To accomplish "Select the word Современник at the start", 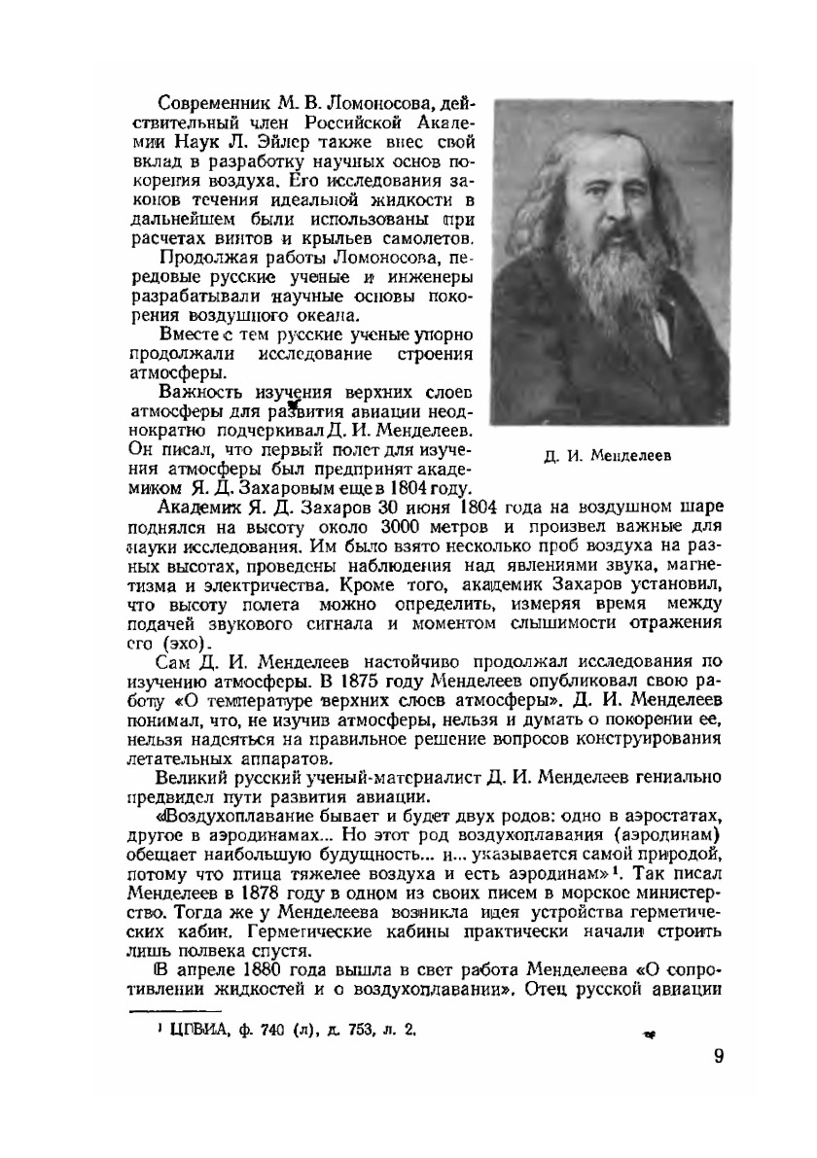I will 201,104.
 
